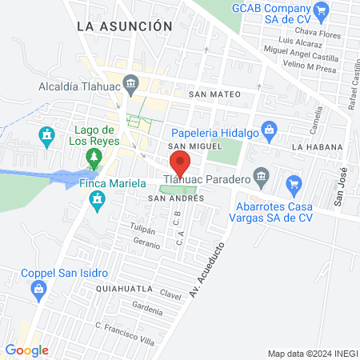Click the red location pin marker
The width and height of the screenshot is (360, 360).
[x=181, y=165]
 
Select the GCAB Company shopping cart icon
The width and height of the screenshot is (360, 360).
[x=322, y=10]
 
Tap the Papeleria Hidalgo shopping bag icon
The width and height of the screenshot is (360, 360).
[x=270, y=128]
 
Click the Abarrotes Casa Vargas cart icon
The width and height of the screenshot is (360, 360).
[x=294, y=183]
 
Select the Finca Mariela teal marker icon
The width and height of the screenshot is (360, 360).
[x=98, y=206]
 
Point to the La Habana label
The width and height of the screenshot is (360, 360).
[x=317, y=147]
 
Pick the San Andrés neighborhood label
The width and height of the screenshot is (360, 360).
[x=170, y=198]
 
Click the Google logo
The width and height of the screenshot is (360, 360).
[x=26, y=350]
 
